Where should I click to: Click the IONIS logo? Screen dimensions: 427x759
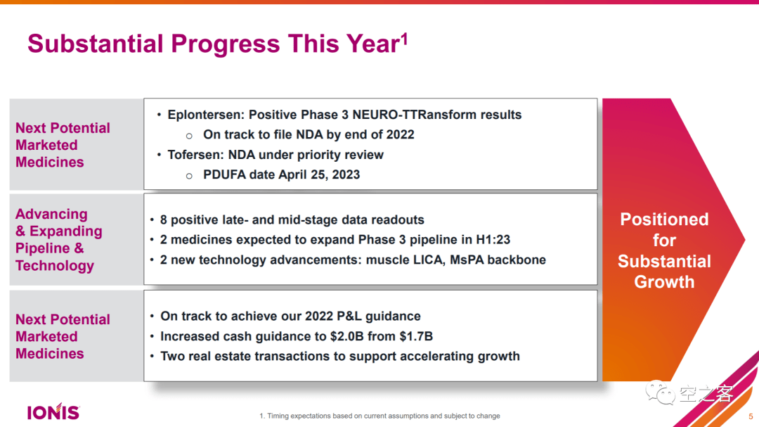(53, 412)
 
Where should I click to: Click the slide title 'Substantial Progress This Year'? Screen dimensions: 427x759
(214, 44)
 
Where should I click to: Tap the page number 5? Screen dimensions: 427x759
(750, 416)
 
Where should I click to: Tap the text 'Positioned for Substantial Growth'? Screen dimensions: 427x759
(664, 250)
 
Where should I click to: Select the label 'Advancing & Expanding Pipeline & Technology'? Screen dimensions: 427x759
(59, 240)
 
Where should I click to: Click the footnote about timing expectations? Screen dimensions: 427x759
(379, 416)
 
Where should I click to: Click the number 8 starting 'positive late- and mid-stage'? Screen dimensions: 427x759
(164, 220)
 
